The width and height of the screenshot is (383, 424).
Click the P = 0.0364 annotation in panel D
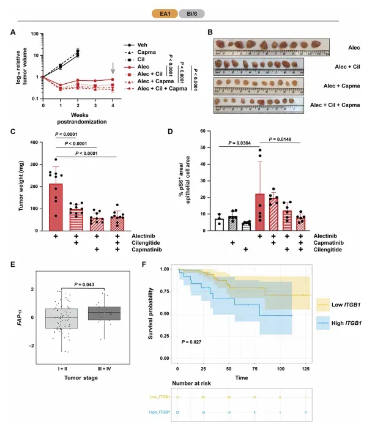242,143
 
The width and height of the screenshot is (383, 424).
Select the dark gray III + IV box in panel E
105,313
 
